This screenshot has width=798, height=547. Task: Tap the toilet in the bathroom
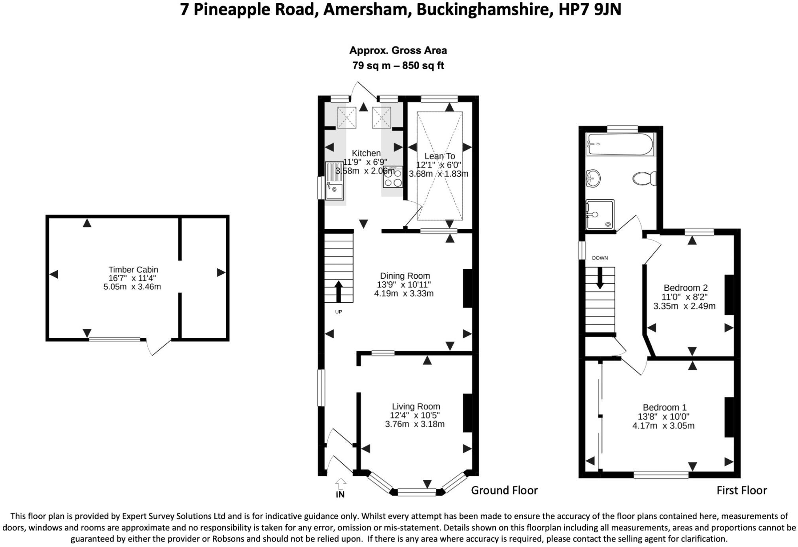point(645,178)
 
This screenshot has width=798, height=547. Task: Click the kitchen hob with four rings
point(393,177)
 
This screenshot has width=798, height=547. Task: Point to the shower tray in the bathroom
point(600,215)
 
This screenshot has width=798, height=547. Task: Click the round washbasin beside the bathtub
point(593,178)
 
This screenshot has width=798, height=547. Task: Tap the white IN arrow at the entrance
point(340,484)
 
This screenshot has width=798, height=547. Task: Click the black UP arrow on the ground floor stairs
point(338,292)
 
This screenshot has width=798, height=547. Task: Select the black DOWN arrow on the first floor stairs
point(600,278)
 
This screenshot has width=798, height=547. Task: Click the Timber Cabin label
point(133,270)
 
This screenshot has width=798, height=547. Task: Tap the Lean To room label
point(440,156)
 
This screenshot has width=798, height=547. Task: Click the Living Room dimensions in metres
point(415,424)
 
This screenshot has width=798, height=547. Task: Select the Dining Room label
point(405,276)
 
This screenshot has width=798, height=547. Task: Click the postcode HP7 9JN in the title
point(590,9)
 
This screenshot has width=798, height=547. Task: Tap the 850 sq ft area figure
point(423,66)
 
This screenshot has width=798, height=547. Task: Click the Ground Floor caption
point(504,490)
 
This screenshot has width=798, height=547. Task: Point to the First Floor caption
point(742,490)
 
